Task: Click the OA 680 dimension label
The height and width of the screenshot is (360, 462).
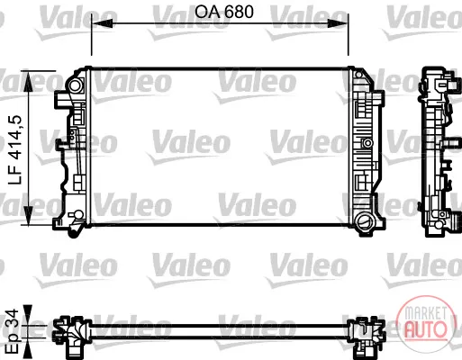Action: (224, 12)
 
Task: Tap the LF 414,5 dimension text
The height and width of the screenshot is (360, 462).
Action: (15, 149)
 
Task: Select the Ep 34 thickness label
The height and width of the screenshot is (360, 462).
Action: (13, 331)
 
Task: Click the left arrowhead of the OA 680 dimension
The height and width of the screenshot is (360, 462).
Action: (102, 23)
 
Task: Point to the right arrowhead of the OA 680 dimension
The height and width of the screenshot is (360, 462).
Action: (338, 23)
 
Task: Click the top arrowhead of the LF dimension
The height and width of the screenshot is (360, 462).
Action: (28, 82)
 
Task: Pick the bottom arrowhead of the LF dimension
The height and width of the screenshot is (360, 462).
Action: (28, 215)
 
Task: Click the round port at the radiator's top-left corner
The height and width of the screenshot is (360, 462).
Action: (75, 85)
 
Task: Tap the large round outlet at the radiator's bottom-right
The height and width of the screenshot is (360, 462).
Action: (364, 222)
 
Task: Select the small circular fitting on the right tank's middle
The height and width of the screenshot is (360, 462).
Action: (367, 143)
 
